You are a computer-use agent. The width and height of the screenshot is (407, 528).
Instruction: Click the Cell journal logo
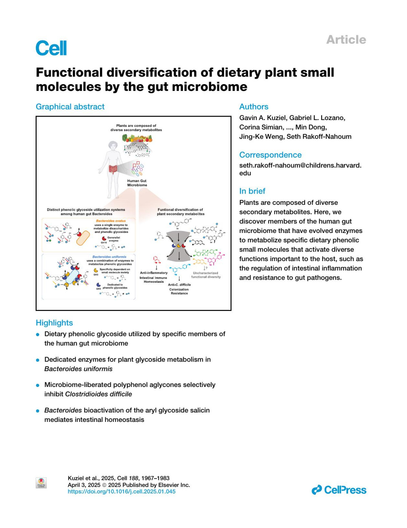[51, 48]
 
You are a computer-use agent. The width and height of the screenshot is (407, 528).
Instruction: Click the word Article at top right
[346, 40]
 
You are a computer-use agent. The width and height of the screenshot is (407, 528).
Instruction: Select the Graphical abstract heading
[70, 106]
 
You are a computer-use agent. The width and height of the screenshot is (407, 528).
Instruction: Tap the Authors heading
[254, 106]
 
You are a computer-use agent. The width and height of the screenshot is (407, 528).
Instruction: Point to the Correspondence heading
[270, 155]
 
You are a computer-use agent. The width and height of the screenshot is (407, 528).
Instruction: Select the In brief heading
[252, 191]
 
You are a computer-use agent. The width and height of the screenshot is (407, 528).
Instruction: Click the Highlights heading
[54, 322]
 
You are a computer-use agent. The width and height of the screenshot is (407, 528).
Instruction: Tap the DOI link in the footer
[121, 491]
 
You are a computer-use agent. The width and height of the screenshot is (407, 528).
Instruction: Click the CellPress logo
[339, 490]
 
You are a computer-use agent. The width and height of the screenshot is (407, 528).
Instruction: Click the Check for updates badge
[41, 483]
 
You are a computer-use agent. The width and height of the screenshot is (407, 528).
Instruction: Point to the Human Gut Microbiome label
[137, 183]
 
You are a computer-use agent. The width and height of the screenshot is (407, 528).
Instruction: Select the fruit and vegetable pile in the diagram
[137, 138]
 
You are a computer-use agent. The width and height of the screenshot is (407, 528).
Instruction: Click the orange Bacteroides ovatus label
[111, 221]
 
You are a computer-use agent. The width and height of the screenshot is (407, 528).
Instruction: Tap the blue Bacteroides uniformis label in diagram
[109, 257]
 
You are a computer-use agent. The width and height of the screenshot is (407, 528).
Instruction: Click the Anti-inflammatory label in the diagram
[154, 273]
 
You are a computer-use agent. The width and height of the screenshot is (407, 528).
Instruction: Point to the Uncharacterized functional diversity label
[206, 275]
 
